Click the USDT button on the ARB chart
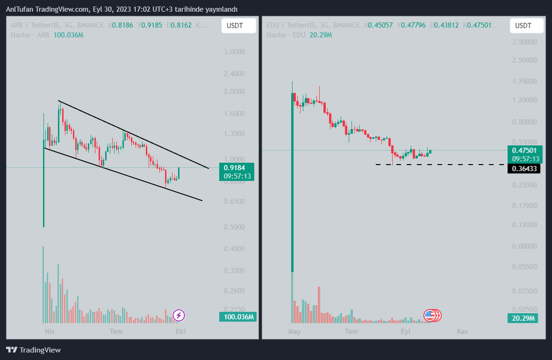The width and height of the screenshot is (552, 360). (238, 26)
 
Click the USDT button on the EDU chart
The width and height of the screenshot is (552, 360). (526, 26)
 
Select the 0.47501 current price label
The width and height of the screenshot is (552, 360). (524, 150)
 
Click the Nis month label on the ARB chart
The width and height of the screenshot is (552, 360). (49, 331)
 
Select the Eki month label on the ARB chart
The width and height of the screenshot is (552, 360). (180, 331)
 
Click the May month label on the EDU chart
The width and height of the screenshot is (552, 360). (294, 331)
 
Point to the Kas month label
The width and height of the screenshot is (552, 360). (462, 331)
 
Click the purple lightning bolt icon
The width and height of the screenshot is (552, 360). (179, 316)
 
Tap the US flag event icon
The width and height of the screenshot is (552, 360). (430, 316)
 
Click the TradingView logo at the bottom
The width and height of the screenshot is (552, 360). (33, 350)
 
